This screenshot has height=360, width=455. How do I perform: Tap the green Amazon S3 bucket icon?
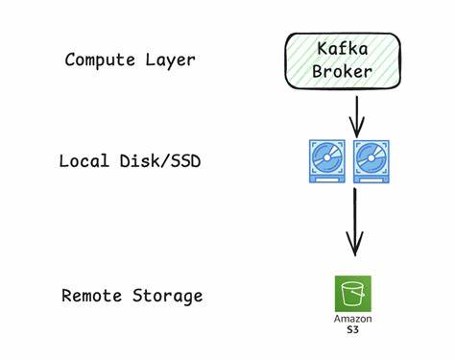[x=352, y=293]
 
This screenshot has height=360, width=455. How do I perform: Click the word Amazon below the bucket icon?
[x=352, y=319]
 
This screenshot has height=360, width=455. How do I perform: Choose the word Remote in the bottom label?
[x=90, y=295]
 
